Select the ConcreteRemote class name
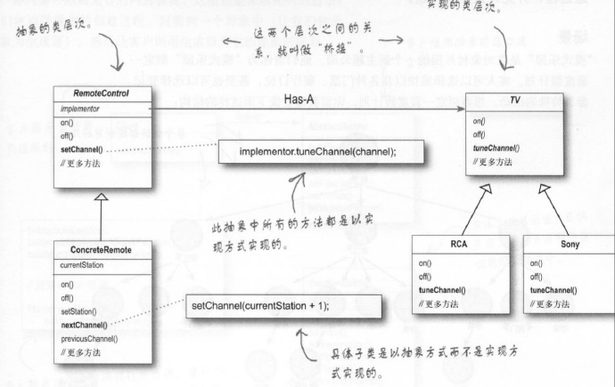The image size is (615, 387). [99, 250]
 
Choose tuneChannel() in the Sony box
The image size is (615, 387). [553, 290]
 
